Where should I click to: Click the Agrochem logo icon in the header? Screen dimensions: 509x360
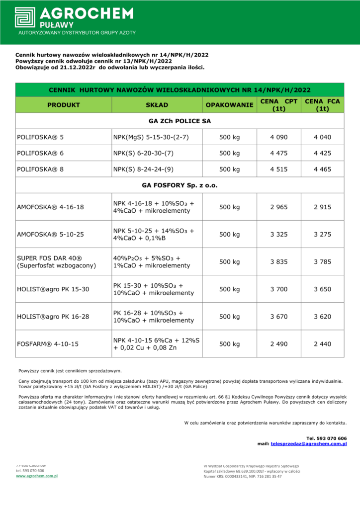coord(25,17)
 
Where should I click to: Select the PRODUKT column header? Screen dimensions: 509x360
coord(64,105)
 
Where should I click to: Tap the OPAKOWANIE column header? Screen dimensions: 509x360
coord(229,105)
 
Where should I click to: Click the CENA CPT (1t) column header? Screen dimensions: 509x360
coord(279,105)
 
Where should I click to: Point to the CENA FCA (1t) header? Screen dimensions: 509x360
coord(322,105)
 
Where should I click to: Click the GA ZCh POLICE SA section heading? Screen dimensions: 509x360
coord(180,121)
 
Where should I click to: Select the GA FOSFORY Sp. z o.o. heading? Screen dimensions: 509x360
coord(180,185)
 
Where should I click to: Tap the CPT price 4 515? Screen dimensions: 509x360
coord(279,169)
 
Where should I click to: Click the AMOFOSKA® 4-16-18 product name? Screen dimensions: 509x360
coord(51,207)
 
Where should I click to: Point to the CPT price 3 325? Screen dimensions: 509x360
coord(279,234)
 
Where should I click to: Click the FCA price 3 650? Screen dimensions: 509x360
coord(322,289)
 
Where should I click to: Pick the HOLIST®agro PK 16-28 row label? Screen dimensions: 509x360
coord(53,316)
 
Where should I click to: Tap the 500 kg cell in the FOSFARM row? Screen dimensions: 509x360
coord(229,343)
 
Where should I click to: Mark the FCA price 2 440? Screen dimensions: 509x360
coord(322,343)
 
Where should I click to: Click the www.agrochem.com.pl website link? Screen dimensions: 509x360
coord(37,476)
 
